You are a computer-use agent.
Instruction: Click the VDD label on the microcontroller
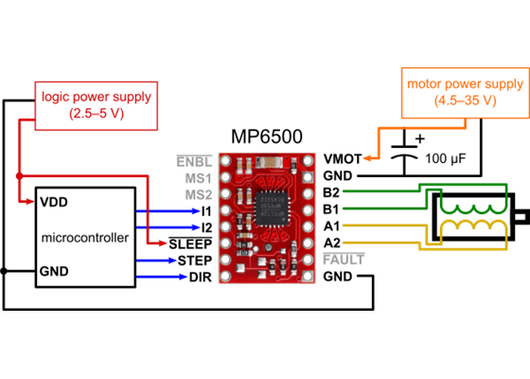pyautogui.click(x=53, y=202)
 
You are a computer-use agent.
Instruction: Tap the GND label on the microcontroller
pyautogui.click(x=54, y=272)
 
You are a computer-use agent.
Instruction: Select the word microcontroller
pyautogui.click(x=85, y=238)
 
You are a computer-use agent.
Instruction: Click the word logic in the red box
pyautogui.click(x=56, y=96)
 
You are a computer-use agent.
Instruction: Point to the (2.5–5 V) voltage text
pyautogui.click(x=97, y=113)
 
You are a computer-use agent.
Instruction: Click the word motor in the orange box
pyautogui.click(x=424, y=83)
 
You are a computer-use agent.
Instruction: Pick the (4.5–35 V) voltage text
pyautogui.click(x=464, y=100)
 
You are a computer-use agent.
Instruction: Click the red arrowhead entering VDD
pyautogui.click(x=32, y=202)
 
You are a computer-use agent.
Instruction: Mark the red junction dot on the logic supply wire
pyautogui.click(x=18, y=175)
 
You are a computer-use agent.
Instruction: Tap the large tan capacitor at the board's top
pyautogui.click(x=272, y=161)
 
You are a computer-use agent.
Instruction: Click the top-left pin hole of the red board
pyautogui.click(x=225, y=161)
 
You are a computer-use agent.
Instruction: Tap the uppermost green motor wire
pyautogui.click(x=379, y=190)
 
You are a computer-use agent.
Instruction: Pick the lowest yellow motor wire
pyautogui.click(x=379, y=244)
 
